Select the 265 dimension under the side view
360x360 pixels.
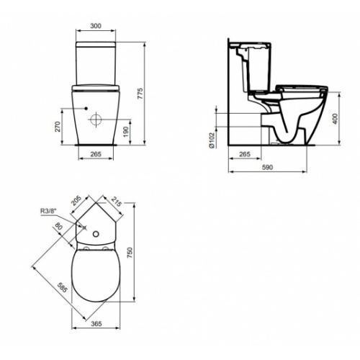click(244, 154)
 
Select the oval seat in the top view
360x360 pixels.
click(95, 274)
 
